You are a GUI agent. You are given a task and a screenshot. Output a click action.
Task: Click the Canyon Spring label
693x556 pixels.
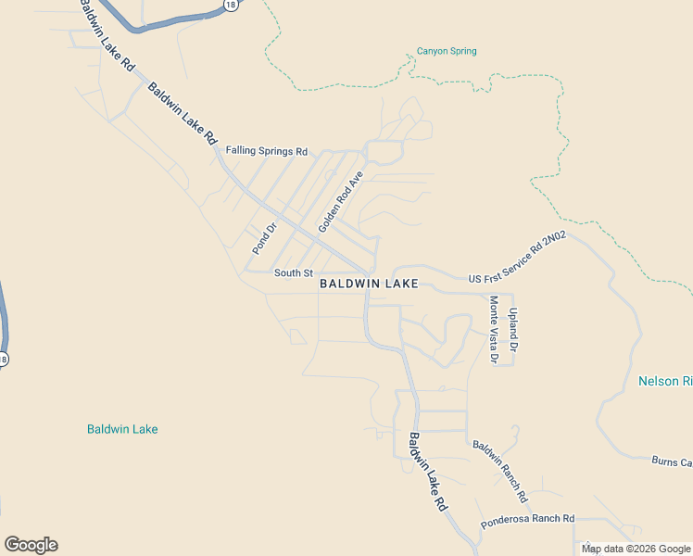(447, 51)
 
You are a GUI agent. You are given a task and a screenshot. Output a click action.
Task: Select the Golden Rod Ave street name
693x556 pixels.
(342, 201)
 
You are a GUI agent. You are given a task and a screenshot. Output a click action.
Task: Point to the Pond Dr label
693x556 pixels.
(265, 238)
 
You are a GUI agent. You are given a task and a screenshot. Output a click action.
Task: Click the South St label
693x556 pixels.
(294, 272)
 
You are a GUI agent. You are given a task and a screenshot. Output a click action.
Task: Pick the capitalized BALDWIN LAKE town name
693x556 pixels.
(369, 284)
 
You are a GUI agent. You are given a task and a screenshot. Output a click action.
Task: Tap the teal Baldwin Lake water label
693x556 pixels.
(122, 429)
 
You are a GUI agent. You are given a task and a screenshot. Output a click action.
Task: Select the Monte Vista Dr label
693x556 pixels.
(494, 329)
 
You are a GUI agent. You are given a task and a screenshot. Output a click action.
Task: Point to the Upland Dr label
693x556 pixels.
(512, 329)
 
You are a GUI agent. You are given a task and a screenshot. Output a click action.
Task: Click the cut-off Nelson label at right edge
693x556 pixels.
(665, 381)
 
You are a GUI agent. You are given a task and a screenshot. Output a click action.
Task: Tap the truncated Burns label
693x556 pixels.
(672, 461)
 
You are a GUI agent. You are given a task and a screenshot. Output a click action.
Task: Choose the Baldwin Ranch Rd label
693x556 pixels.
(499, 465)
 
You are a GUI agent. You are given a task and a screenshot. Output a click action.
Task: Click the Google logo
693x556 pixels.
(31, 545)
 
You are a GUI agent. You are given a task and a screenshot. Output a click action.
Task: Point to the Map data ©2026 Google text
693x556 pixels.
(636, 549)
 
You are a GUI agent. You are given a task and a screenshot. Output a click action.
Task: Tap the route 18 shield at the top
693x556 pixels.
(229, 6)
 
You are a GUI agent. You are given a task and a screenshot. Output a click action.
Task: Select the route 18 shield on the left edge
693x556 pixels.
(3, 359)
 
